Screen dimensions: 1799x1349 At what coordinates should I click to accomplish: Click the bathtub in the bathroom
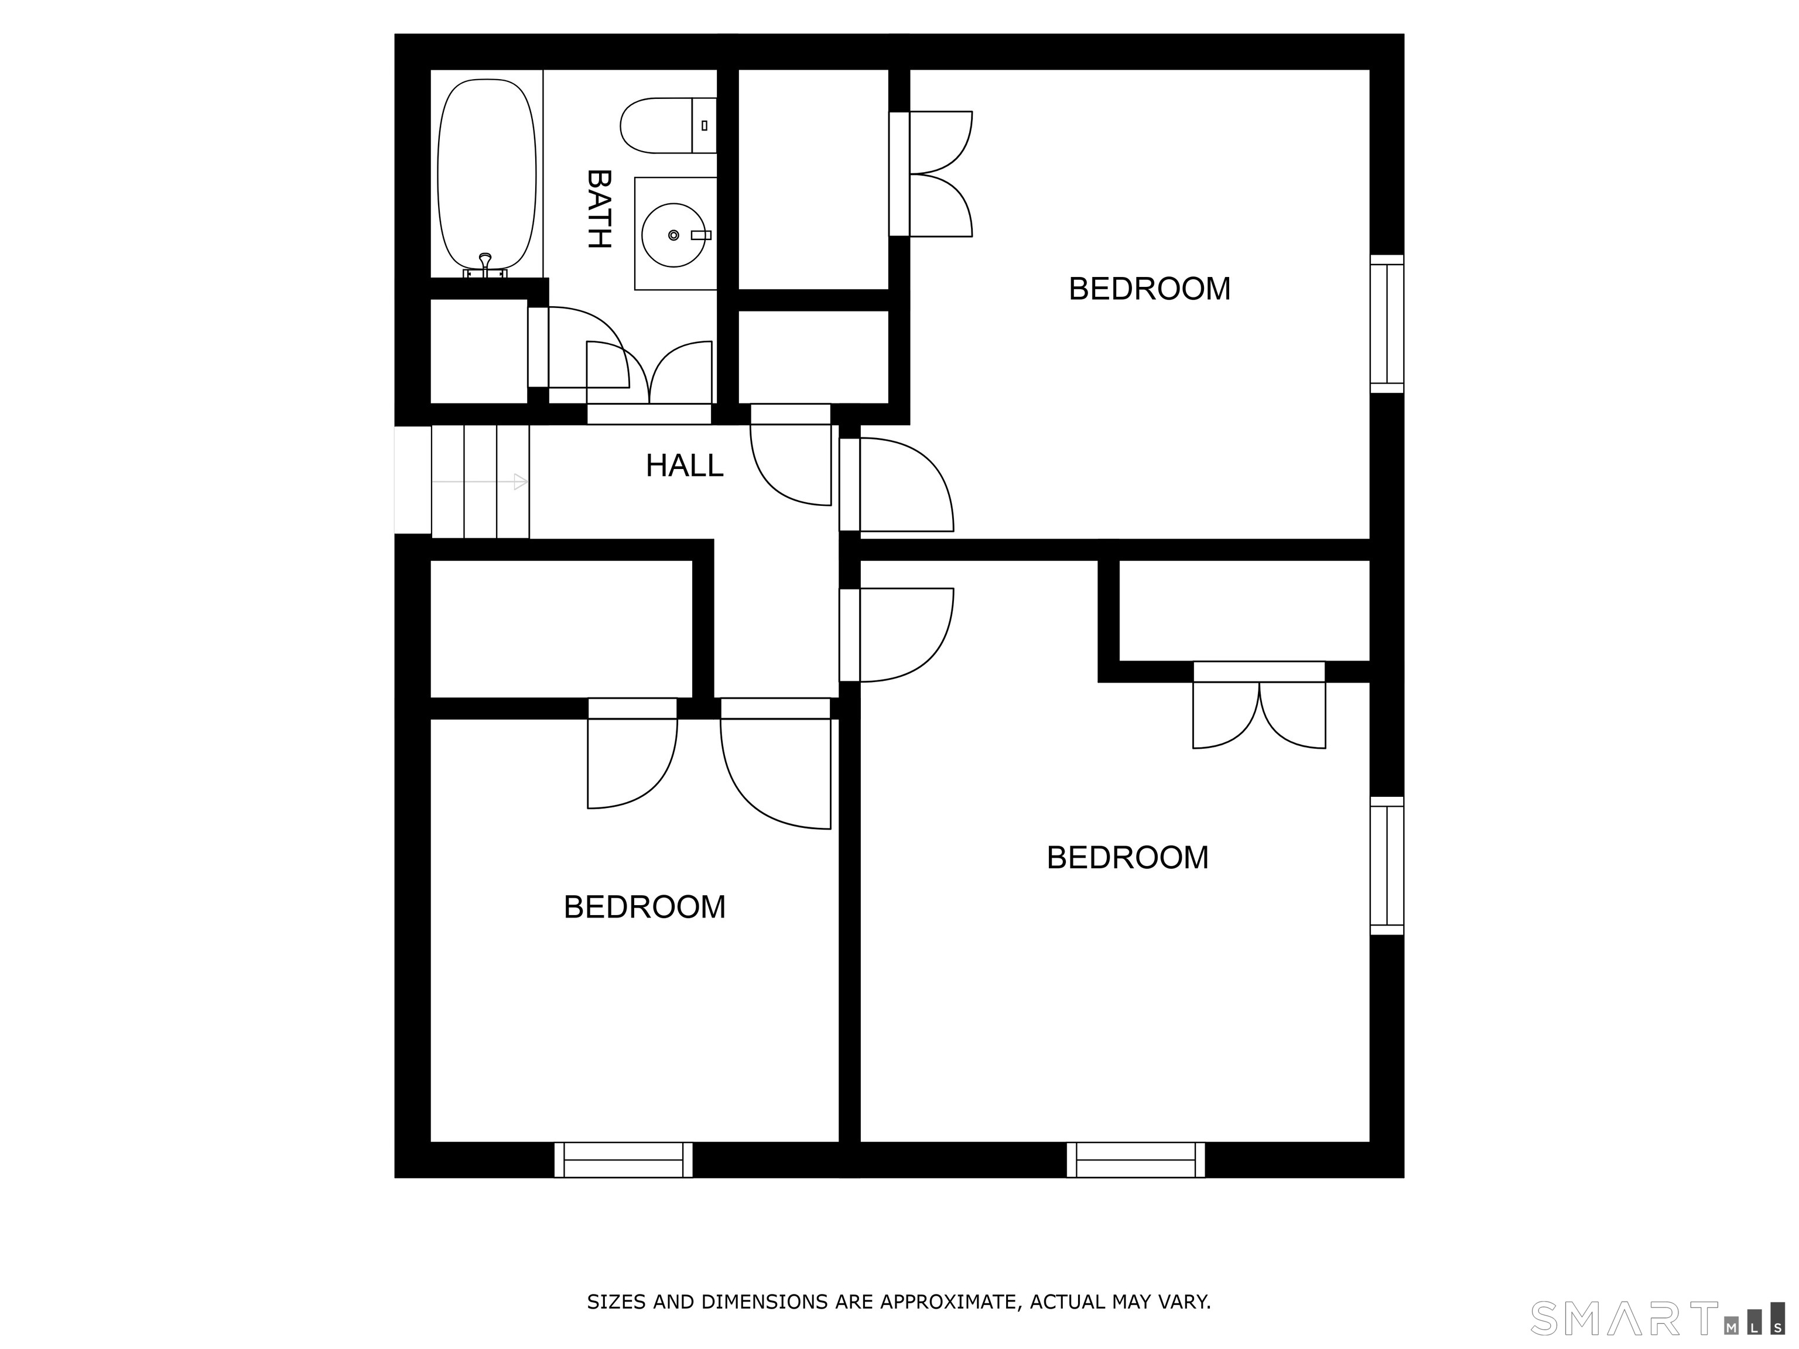(x=486, y=175)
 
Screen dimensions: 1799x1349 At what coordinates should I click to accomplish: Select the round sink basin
(x=673, y=235)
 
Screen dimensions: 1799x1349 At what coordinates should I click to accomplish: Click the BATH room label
(x=598, y=209)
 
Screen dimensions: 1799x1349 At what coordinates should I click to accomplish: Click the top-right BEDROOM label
(x=1149, y=289)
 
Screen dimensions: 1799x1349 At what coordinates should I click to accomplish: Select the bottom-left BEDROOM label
(x=644, y=908)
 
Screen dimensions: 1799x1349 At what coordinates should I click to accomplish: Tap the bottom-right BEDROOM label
(x=1127, y=858)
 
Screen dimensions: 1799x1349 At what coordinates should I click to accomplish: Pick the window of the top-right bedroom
(x=1387, y=324)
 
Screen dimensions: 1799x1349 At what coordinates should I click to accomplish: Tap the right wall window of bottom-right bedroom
(x=1387, y=865)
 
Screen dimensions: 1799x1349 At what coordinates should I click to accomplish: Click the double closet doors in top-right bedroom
(x=931, y=174)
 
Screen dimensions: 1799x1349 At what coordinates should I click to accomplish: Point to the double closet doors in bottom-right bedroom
(x=1259, y=705)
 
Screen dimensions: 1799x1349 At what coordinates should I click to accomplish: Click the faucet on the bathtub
(x=485, y=266)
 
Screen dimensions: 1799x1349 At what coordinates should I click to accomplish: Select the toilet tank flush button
(x=704, y=125)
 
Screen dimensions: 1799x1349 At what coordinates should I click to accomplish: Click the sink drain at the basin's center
(x=673, y=235)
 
